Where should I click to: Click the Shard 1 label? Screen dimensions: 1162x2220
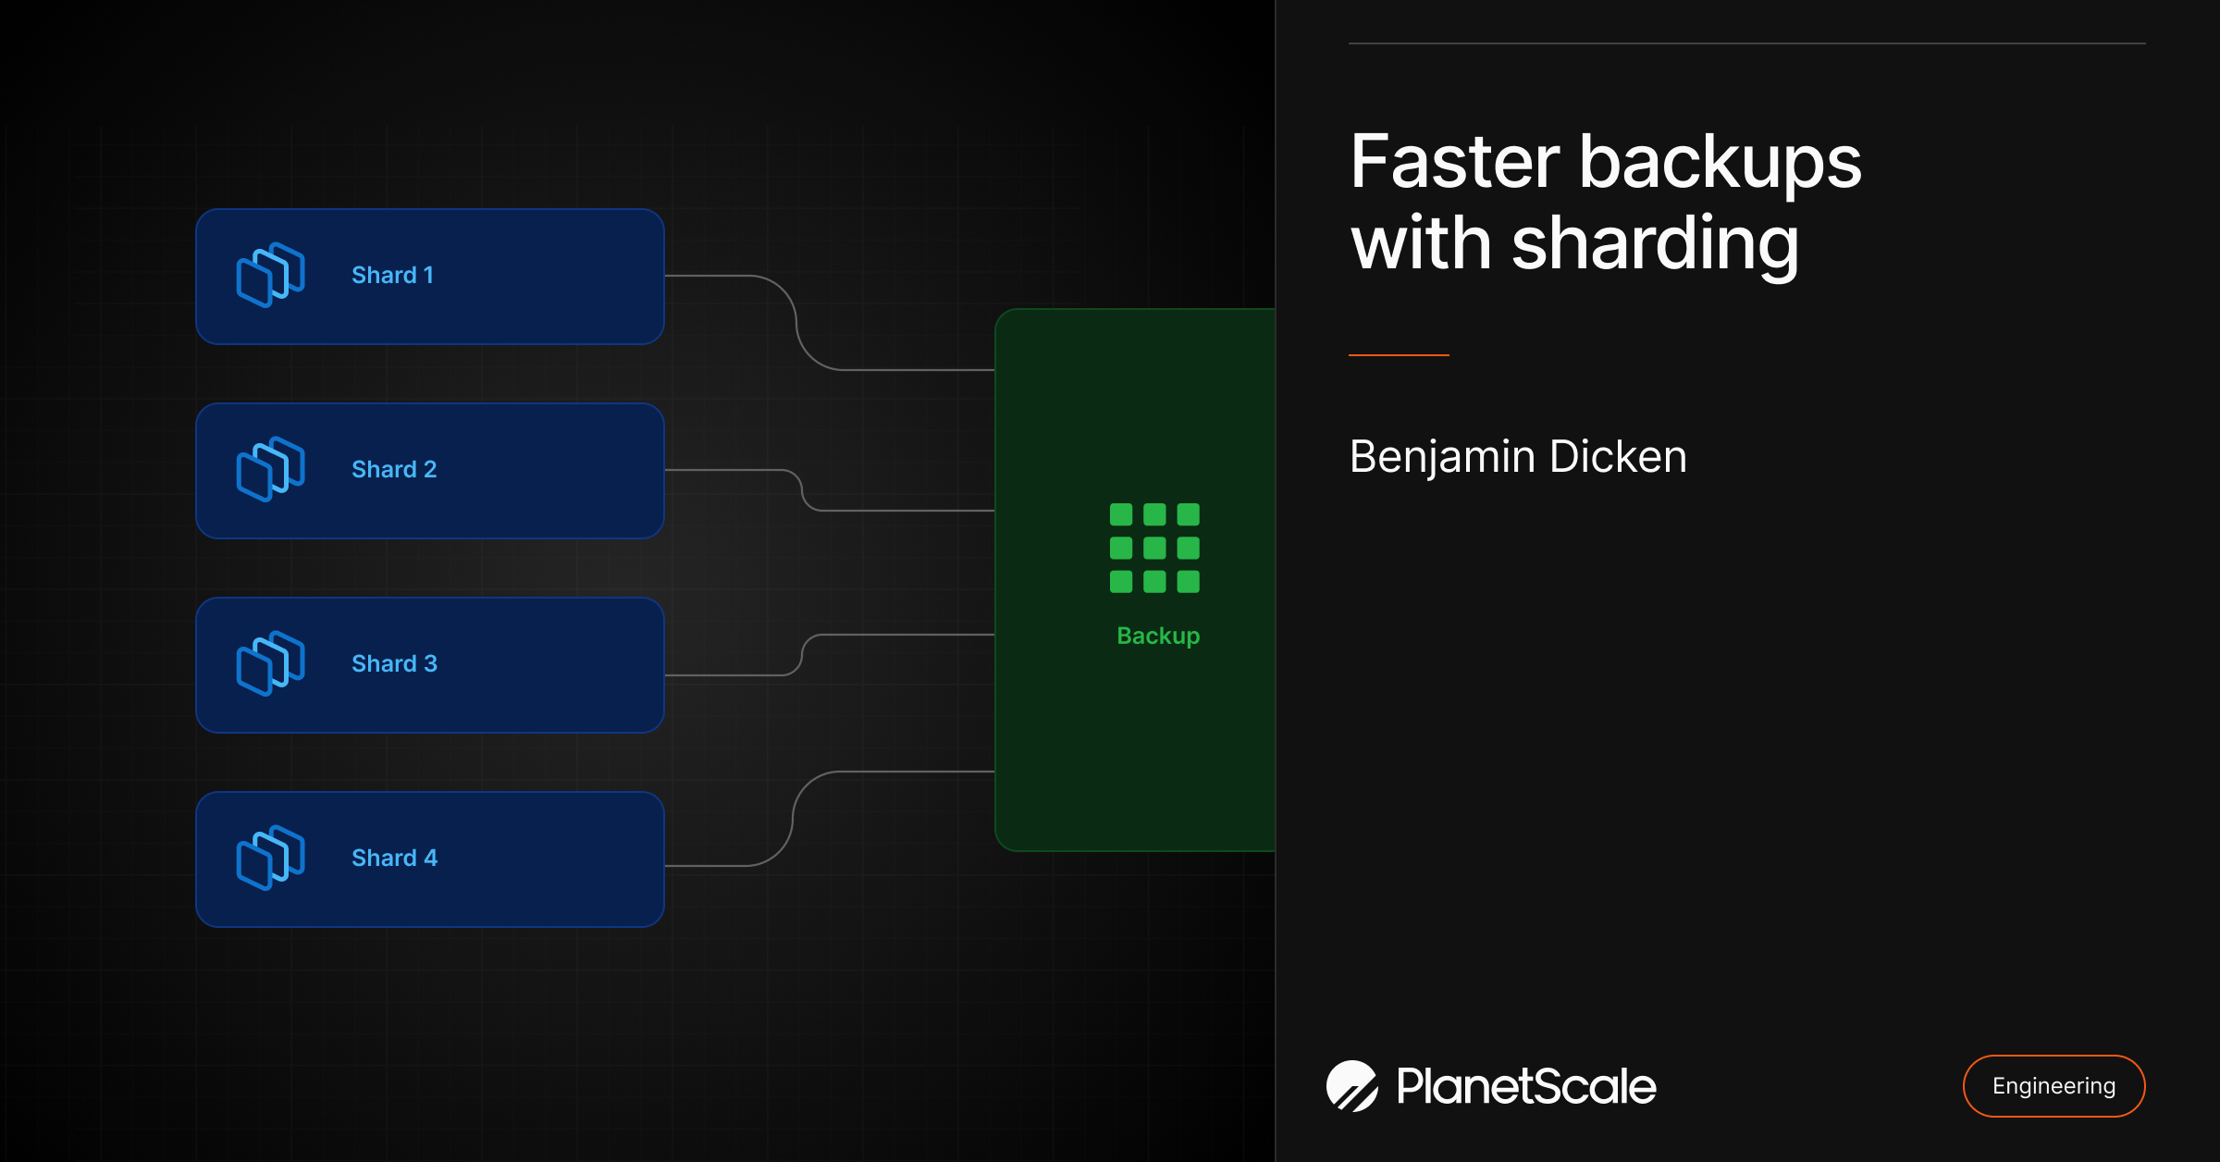(392, 275)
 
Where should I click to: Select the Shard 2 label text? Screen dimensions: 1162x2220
(394, 469)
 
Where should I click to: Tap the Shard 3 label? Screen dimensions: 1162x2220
(394, 663)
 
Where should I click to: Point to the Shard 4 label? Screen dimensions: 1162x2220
(394, 858)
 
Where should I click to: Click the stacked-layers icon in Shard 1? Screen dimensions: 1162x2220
(270, 275)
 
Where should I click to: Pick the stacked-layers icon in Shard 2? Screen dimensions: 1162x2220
(270, 469)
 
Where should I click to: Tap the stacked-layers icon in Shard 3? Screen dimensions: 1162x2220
(270, 663)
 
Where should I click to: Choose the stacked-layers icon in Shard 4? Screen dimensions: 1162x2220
(270, 858)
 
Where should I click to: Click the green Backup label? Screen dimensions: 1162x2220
(1158, 636)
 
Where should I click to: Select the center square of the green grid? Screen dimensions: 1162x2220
(1154, 548)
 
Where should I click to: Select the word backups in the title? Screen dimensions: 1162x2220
(1720, 162)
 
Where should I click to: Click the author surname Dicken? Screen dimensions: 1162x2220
(1618, 456)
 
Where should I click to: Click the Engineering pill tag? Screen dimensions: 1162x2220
(2053, 1085)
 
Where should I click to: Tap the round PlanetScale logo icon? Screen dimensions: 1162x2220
(1351, 1085)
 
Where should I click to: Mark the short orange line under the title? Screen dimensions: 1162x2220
(1399, 354)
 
